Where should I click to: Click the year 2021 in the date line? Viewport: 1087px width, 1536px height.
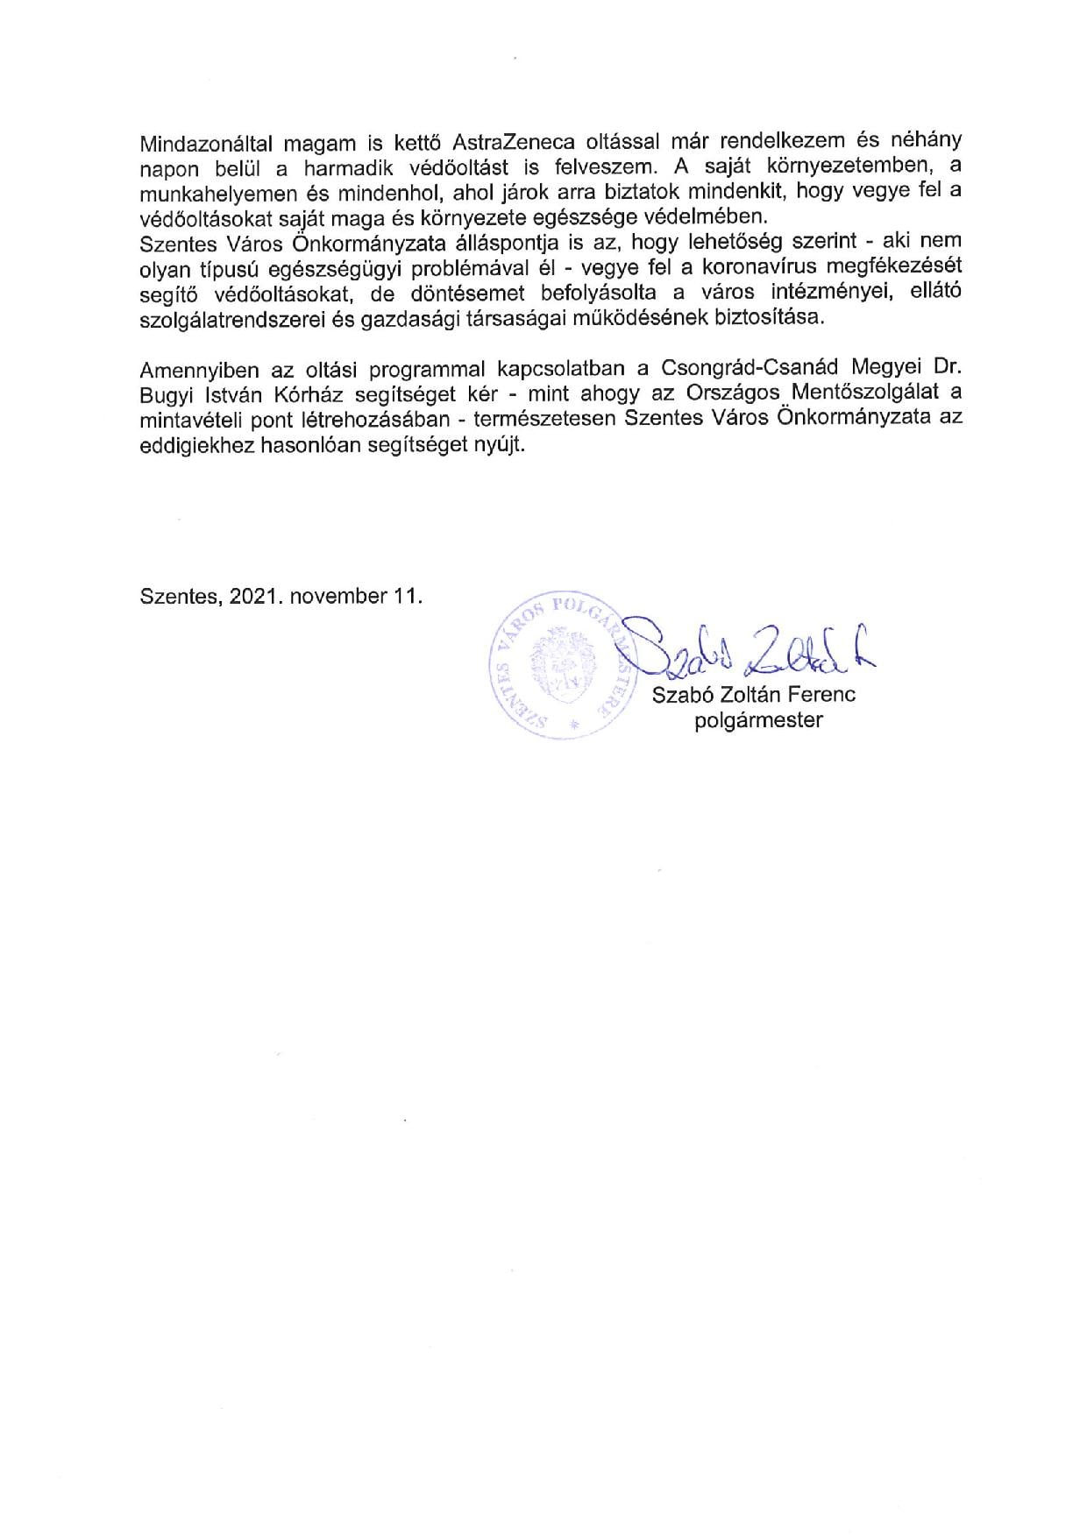tap(254, 596)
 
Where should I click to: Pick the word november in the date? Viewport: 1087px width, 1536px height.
tap(336, 596)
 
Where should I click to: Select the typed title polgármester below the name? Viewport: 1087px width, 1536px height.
tap(758, 722)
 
